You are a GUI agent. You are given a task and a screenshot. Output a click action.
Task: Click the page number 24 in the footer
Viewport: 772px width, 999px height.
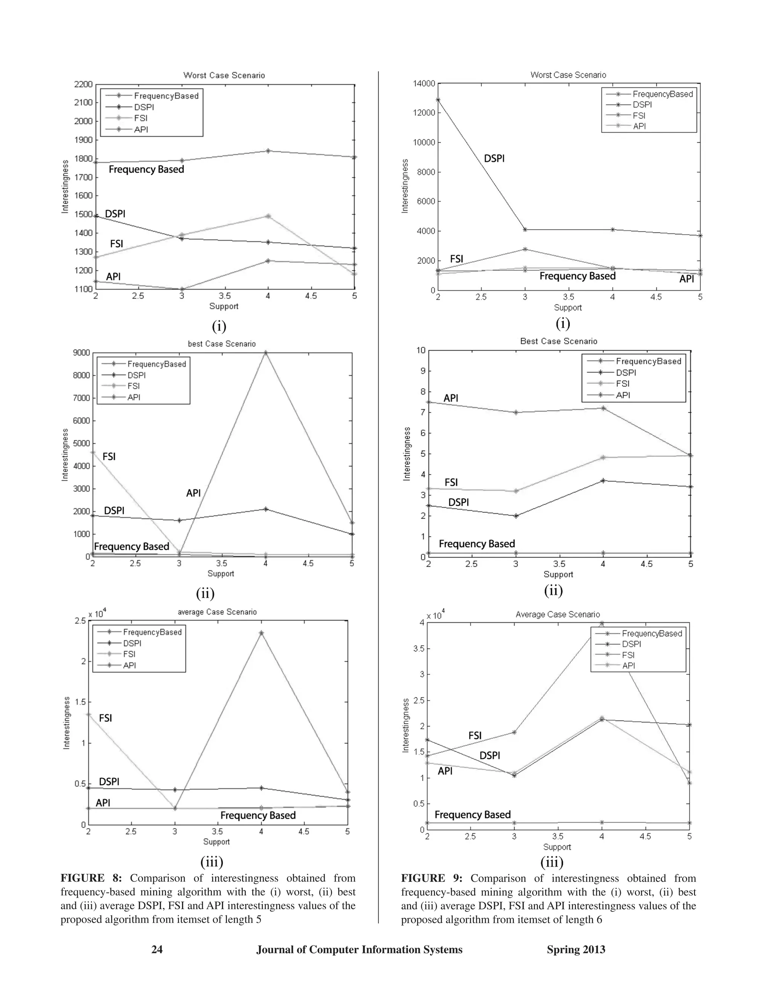(157, 950)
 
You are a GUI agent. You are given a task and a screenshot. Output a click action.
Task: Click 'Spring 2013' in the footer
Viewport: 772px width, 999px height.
(576, 950)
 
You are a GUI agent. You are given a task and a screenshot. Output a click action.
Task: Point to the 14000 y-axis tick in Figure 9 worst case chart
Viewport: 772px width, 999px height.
(423, 83)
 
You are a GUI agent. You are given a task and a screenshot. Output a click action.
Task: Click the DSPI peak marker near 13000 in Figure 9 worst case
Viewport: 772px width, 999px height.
(438, 100)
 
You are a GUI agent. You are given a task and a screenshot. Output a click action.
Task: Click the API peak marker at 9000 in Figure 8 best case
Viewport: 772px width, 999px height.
(265, 353)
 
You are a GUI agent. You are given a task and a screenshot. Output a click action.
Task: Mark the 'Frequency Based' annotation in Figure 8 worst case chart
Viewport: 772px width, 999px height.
(146, 169)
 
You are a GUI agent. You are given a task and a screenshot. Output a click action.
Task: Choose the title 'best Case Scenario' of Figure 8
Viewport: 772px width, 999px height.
(222, 343)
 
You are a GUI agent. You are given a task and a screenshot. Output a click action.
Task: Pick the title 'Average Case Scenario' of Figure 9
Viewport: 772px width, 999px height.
(558, 614)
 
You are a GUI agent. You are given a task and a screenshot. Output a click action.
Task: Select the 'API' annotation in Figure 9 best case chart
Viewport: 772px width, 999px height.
(450, 398)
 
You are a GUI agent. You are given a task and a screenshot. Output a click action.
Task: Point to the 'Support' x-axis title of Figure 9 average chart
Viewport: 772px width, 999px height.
(557, 847)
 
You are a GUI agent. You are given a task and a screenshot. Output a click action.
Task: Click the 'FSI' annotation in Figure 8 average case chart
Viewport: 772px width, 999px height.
(105, 718)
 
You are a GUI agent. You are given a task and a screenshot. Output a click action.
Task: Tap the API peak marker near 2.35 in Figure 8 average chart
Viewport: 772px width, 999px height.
(261, 633)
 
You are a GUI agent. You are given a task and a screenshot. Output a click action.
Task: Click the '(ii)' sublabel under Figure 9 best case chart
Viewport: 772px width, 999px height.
(553, 590)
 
